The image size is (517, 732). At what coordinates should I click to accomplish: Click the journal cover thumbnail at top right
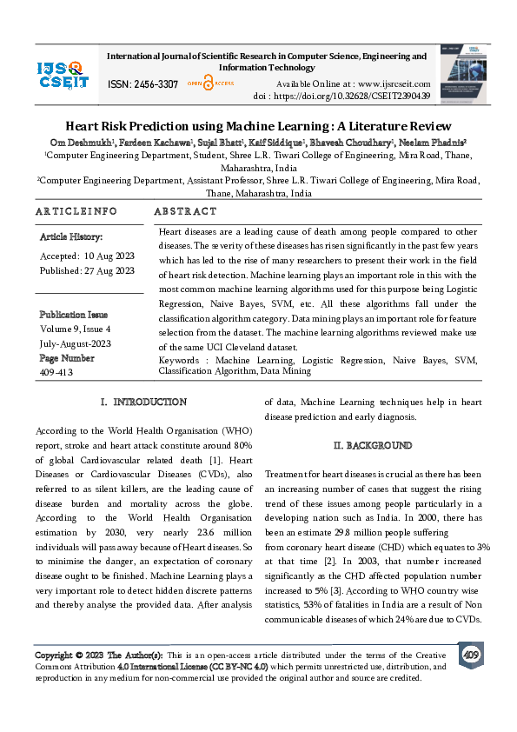[x=463, y=73]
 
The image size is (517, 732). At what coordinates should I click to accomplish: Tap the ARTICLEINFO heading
[x=76, y=211]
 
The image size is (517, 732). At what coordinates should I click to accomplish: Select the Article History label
[x=70, y=236]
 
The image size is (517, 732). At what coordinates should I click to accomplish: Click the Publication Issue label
[x=74, y=315]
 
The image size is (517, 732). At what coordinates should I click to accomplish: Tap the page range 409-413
[x=56, y=372]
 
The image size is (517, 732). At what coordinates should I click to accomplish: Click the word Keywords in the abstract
[x=182, y=360]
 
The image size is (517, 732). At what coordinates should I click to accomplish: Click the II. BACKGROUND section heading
[x=373, y=446]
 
